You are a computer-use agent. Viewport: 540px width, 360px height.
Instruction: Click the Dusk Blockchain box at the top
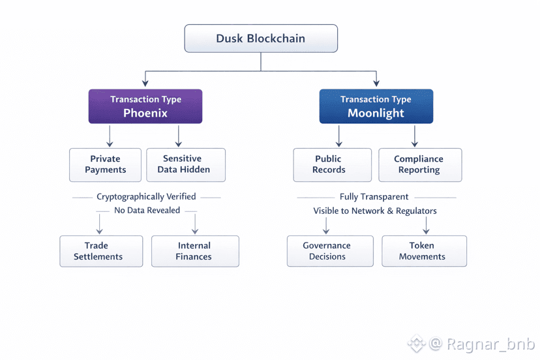pos(261,38)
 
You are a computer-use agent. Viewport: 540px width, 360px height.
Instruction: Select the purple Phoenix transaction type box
pos(145,106)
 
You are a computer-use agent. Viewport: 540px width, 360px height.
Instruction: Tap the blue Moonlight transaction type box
pos(376,106)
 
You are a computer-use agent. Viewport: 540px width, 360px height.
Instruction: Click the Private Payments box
pos(105,164)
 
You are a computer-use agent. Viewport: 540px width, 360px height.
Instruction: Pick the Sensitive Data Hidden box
pos(186,164)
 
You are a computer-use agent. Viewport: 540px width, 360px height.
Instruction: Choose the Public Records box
pos(332,164)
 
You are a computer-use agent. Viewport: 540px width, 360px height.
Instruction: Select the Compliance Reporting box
pos(420,164)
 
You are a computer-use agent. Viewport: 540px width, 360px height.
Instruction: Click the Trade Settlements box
pos(100,251)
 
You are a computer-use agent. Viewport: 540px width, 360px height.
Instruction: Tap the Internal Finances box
pos(195,251)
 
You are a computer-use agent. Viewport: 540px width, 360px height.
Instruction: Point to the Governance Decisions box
pos(330,251)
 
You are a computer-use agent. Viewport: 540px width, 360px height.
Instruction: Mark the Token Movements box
pos(424,251)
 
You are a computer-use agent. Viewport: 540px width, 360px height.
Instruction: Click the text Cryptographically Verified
pos(146,196)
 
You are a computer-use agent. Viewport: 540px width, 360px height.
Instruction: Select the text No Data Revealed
pos(147,211)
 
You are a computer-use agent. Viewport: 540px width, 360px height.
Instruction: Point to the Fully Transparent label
pos(374,196)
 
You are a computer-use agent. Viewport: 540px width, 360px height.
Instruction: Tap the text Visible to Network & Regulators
pos(375,211)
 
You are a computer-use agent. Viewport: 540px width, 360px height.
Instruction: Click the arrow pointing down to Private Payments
pos(110,136)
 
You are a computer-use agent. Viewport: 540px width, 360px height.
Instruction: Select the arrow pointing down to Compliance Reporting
pos(415,136)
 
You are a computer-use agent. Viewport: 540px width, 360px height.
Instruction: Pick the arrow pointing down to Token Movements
pos(426,225)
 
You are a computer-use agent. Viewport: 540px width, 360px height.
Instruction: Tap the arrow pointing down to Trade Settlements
pos(100,224)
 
